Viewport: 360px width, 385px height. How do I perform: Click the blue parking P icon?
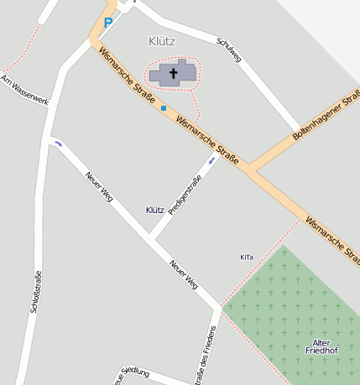[x=107, y=23]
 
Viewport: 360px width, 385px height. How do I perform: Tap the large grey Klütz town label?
[x=161, y=41]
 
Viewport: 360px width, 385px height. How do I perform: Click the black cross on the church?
[x=175, y=73]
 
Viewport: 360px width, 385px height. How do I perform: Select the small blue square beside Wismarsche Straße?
[x=163, y=107]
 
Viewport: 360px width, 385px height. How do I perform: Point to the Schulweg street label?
[x=228, y=49]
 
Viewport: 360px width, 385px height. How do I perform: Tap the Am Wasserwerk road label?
[x=25, y=91]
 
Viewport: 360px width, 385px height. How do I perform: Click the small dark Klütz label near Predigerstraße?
[x=154, y=210]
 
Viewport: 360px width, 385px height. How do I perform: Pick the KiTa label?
[x=246, y=257]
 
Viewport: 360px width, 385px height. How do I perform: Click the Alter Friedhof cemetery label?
[x=321, y=347]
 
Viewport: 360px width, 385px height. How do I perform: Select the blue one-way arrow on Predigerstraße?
[x=211, y=159]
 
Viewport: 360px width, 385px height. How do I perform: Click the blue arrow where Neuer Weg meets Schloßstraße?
[x=58, y=143]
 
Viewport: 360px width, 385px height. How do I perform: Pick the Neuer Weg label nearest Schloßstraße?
[x=99, y=187]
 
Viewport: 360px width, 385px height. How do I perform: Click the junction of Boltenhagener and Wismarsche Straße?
[x=250, y=171]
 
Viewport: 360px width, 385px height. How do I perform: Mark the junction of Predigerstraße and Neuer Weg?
[x=152, y=242]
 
